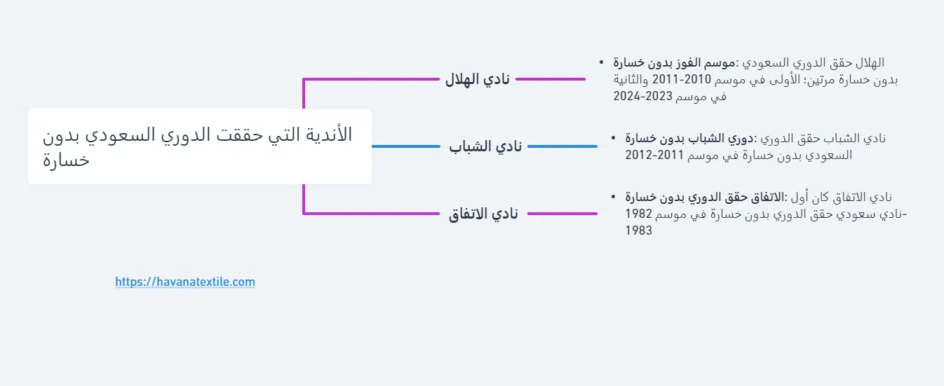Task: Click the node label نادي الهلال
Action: tap(478, 79)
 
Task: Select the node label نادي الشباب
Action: tap(485, 146)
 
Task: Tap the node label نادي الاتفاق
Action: tap(483, 214)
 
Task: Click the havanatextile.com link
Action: tap(185, 282)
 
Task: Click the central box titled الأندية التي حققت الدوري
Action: tap(200, 146)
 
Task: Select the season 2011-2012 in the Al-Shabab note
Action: tap(654, 155)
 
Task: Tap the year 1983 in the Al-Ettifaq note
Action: tap(638, 230)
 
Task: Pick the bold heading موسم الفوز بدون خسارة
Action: tap(674, 63)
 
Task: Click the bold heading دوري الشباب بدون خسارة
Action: tap(689, 138)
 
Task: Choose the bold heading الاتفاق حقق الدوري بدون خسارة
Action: tap(704, 197)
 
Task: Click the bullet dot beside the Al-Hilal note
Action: tap(601, 62)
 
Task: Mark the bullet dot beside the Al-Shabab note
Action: tap(613, 137)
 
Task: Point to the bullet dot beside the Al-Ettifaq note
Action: tap(613, 197)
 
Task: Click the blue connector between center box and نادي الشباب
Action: tap(406, 146)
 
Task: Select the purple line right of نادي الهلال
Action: tap(551, 79)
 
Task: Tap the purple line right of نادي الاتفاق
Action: tap(562, 214)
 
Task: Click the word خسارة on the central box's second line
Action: tap(66, 160)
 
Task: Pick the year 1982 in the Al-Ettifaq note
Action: tap(638, 214)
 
